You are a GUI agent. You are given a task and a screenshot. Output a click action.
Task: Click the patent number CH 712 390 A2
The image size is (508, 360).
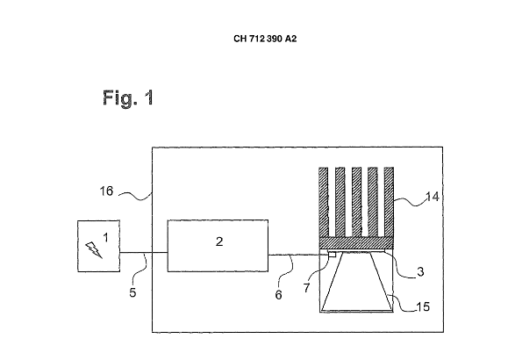[265, 39]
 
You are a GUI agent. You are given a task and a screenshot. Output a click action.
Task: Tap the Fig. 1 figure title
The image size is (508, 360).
[128, 97]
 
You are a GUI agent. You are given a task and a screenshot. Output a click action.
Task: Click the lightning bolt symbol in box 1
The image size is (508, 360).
[94, 249]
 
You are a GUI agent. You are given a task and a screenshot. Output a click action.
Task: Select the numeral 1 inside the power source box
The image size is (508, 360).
[105, 238]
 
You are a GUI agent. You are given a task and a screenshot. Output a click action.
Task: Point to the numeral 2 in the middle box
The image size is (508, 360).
[219, 241]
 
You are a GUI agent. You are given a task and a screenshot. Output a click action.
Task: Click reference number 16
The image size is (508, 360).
[106, 191]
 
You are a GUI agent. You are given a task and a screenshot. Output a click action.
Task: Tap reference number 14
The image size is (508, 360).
[433, 197]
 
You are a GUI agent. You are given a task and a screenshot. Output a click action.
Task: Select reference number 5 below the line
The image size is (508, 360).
[132, 292]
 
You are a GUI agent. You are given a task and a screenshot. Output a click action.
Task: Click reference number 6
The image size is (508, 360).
[279, 294]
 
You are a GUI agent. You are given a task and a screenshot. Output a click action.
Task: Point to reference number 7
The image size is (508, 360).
[306, 287]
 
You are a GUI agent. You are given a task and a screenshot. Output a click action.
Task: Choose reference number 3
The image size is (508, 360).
[420, 271]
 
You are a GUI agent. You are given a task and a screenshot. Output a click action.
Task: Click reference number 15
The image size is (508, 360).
[423, 306]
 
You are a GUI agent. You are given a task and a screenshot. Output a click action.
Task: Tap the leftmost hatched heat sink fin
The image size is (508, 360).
[324, 202]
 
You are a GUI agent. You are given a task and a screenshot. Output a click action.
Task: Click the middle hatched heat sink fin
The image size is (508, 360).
[356, 202]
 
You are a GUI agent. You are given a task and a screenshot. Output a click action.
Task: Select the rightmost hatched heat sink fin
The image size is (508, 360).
[389, 202]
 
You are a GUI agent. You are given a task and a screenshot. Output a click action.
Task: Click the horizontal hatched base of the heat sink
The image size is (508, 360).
[356, 243]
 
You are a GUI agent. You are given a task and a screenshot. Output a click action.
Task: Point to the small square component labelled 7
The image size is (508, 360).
[332, 255]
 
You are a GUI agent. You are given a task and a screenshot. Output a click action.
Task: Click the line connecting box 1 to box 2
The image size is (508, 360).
[144, 252]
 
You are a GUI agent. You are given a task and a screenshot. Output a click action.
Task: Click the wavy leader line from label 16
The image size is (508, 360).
[135, 196]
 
